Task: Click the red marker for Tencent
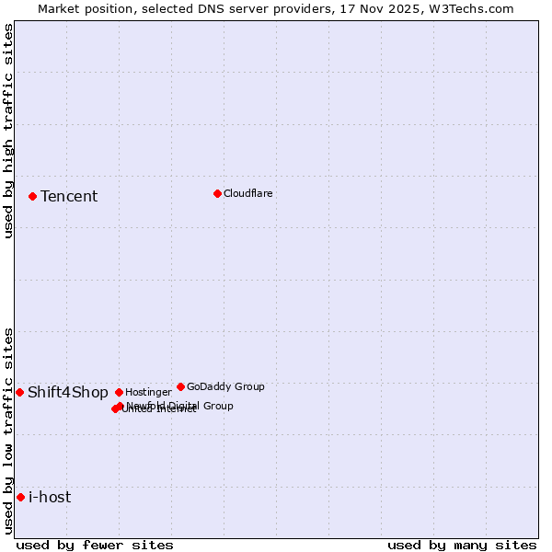coord(32,196)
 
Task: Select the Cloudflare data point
coord(217,193)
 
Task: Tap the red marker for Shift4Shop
coord(19,392)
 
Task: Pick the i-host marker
coord(20,497)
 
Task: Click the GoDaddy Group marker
coord(180,386)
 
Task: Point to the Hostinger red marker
coord(119,392)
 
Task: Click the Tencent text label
coord(69,196)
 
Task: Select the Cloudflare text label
coord(247,193)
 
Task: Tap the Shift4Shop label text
coord(68,393)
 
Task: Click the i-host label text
coord(50,498)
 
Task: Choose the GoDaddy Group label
coord(225,386)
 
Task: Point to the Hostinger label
coord(148,392)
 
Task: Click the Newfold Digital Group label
coord(180,405)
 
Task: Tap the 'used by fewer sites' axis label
coord(95,545)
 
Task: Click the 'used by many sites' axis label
coord(462,545)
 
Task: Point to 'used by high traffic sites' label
coord(8,132)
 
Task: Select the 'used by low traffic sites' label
coord(8,430)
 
